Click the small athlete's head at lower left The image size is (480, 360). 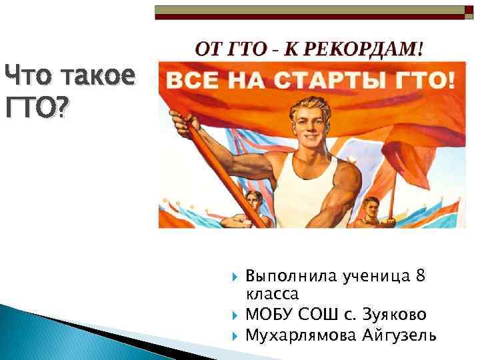tap(253, 200)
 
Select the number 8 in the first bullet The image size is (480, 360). tap(421, 276)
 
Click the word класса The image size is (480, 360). tap(273, 293)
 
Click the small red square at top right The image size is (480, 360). tap(468, 10)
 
